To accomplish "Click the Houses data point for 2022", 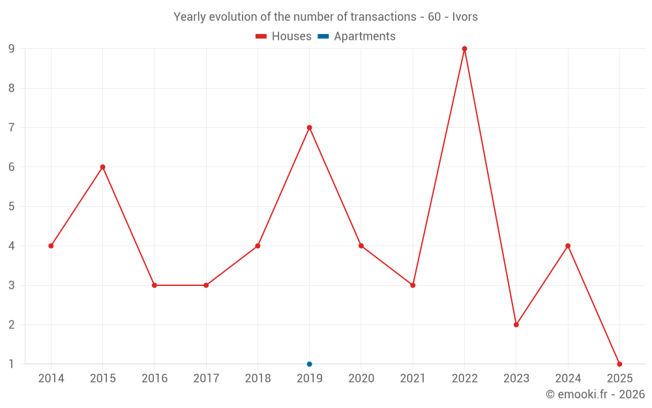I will coord(464,49).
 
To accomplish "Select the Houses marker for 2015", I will coord(102,167).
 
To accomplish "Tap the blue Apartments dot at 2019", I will coord(309,364).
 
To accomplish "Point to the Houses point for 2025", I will coord(619,364).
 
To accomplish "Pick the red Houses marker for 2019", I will coord(309,127).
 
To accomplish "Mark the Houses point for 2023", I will coord(516,324).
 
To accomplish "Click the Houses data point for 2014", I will coord(51,246).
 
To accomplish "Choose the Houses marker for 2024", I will coord(568,246).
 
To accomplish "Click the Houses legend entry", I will coord(284,37).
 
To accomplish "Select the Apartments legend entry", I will coord(357,37).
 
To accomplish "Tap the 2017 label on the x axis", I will coord(206,379).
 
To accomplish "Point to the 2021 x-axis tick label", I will coord(413,379).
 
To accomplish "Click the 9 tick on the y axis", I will coord(12,49).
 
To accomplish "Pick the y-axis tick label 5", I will coord(12,206).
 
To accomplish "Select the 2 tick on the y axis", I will coord(12,324).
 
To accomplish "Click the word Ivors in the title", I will coord(465,17).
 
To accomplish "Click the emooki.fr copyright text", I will coord(595,394).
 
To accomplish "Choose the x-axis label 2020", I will coord(361,379).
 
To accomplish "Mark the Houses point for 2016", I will coord(155,285).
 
